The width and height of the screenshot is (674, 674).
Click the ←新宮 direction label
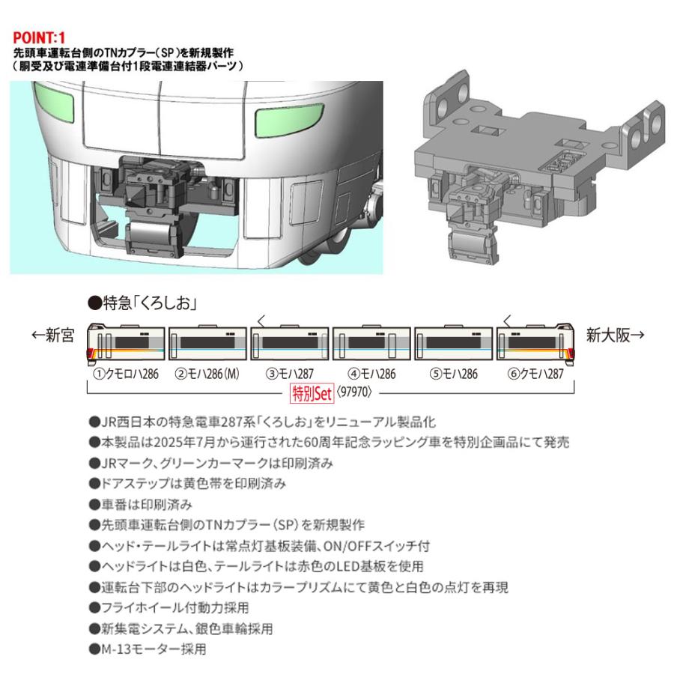[x=53, y=337]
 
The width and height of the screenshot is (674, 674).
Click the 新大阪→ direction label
[x=614, y=336]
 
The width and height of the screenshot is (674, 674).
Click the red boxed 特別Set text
[x=311, y=391]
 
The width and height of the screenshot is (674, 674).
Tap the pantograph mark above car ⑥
[x=508, y=321]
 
